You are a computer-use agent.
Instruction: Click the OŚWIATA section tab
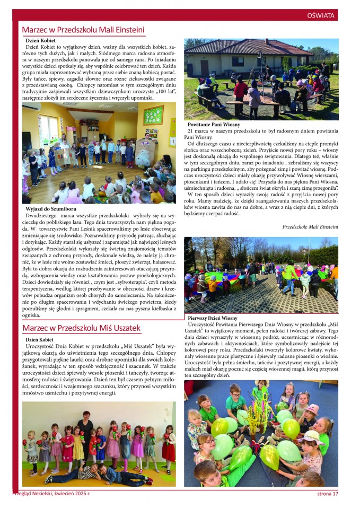[321, 15]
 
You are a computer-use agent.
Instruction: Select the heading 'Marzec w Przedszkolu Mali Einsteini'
[83, 30]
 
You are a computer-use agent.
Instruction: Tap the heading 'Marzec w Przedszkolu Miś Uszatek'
[81, 328]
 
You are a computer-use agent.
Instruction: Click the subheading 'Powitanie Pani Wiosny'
[214, 125]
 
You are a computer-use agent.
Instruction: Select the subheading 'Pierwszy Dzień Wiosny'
[213, 318]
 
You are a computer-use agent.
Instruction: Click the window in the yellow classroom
[49, 129]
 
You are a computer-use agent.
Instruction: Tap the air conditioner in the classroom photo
[31, 106]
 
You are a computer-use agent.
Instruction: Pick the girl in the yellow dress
[79, 444]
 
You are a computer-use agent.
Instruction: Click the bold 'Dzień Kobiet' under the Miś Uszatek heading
[40, 339]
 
